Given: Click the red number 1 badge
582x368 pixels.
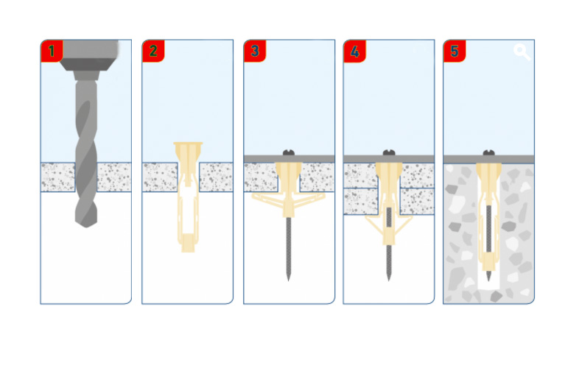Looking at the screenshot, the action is [x=52, y=51].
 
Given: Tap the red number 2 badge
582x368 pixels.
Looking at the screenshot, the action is [x=153, y=51].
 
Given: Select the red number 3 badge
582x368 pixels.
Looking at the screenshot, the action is [x=255, y=51].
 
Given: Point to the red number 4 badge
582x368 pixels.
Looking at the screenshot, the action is [x=355, y=51].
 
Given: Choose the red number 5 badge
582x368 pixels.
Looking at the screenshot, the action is [x=455, y=51].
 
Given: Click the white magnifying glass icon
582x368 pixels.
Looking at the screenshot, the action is [x=522, y=52].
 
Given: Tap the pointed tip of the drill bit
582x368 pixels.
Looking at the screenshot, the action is [x=86, y=226].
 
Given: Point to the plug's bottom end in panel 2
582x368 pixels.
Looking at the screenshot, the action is [x=188, y=250].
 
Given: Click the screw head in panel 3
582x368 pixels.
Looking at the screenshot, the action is [x=289, y=152].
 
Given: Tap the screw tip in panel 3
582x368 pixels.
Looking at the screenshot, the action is [x=288, y=278].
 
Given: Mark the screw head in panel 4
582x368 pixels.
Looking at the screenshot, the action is [x=389, y=152].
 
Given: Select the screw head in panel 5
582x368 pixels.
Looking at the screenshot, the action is [x=489, y=152].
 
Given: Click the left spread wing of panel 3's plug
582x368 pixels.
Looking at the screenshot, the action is [x=268, y=200].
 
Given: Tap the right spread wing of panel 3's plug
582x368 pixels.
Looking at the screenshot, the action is [x=309, y=199].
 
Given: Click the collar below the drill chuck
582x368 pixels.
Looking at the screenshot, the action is [x=86, y=75].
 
